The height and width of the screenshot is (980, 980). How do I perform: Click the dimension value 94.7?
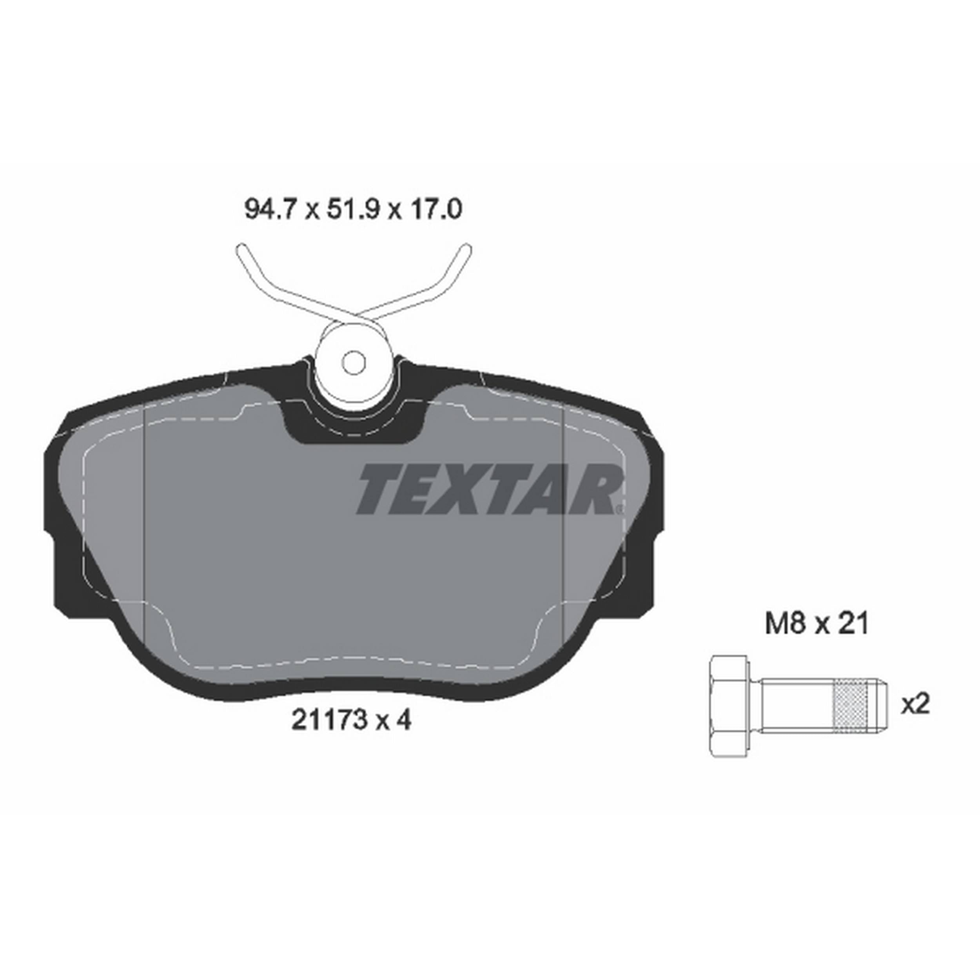(x=269, y=209)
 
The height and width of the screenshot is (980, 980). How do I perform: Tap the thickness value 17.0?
(x=436, y=209)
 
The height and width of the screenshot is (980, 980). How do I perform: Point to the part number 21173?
(x=329, y=720)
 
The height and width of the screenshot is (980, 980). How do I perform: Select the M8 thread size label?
(x=785, y=623)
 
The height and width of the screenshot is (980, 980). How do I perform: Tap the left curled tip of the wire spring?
(x=243, y=250)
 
